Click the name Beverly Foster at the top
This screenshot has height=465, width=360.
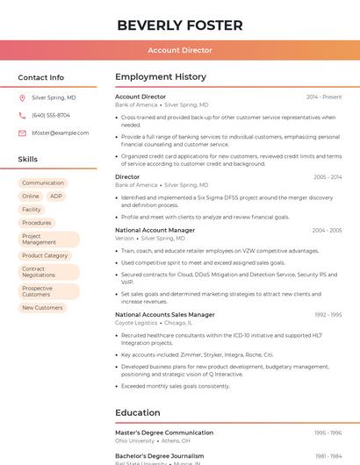point(180,25)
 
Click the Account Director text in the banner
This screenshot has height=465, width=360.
point(180,50)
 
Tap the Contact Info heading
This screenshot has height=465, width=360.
point(41,77)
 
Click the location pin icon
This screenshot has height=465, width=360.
point(22,98)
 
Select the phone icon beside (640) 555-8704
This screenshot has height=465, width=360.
point(22,116)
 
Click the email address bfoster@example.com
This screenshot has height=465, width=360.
point(60,132)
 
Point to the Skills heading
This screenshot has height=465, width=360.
point(28,160)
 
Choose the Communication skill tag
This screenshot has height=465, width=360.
point(43,183)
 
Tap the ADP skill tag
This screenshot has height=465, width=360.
point(56,197)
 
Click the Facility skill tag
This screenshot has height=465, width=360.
point(32,210)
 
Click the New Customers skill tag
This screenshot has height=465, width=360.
point(42,308)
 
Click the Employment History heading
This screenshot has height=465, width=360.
point(161,77)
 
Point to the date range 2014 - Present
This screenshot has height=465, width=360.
point(324,97)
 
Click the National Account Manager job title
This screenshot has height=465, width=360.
point(155,230)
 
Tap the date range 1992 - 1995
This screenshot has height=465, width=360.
point(328,314)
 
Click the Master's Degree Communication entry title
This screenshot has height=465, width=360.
point(164,433)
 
